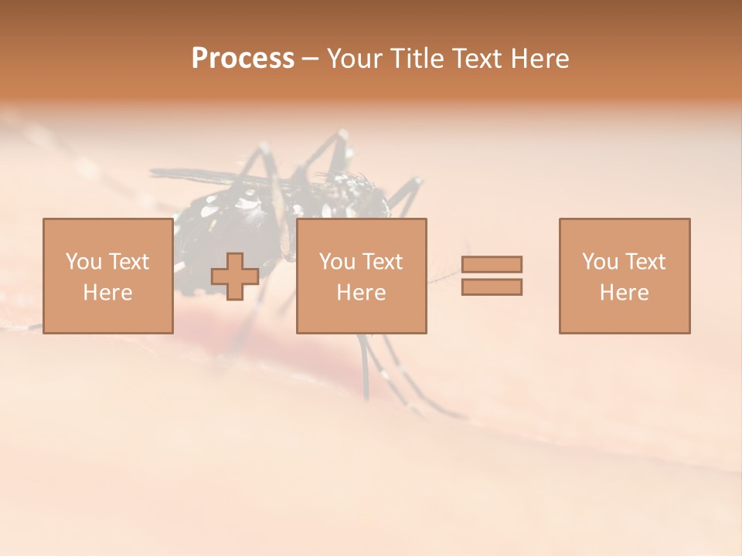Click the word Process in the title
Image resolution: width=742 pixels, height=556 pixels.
(x=243, y=59)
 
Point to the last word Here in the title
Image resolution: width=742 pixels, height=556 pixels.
(x=540, y=59)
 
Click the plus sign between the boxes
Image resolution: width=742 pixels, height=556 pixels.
(x=235, y=276)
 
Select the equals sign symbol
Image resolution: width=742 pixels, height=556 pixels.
(x=492, y=276)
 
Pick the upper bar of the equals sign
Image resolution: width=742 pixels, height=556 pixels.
(x=492, y=264)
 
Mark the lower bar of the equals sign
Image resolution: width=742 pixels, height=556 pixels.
(x=492, y=287)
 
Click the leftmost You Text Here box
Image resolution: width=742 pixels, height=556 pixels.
(x=107, y=276)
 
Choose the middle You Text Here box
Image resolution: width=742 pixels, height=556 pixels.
(x=361, y=276)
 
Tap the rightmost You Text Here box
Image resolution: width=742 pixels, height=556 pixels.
(x=624, y=276)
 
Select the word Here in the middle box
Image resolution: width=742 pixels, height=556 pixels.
(x=361, y=293)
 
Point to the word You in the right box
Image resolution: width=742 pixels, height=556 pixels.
(x=601, y=262)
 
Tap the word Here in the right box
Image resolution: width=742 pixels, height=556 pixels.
(x=624, y=293)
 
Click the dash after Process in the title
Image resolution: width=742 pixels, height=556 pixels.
(x=311, y=59)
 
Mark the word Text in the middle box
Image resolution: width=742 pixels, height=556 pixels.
(x=382, y=262)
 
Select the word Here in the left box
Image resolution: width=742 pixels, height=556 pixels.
(x=107, y=293)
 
